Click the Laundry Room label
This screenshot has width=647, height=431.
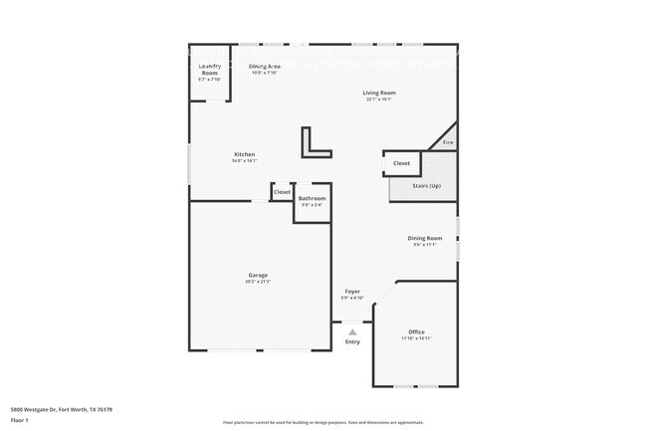[x=209, y=70]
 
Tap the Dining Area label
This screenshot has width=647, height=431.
[x=264, y=66]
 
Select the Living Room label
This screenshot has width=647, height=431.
[x=379, y=93]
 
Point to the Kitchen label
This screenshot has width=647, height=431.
[x=244, y=154]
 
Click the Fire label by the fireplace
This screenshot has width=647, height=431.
[x=448, y=143]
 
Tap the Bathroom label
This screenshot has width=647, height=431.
[x=312, y=199]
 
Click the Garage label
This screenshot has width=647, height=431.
[x=258, y=275]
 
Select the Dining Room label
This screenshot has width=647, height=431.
[x=424, y=238]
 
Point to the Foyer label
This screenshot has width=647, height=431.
[x=352, y=291]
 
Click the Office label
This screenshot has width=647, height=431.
[x=416, y=331]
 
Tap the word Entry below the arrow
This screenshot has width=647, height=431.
[x=352, y=342]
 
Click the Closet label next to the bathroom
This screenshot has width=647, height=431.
[x=282, y=191]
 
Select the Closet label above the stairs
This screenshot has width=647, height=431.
[x=401, y=163]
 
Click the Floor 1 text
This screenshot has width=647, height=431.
[x=21, y=420]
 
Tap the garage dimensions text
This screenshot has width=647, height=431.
[x=258, y=283]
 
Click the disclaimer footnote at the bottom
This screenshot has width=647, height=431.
[x=323, y=423]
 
